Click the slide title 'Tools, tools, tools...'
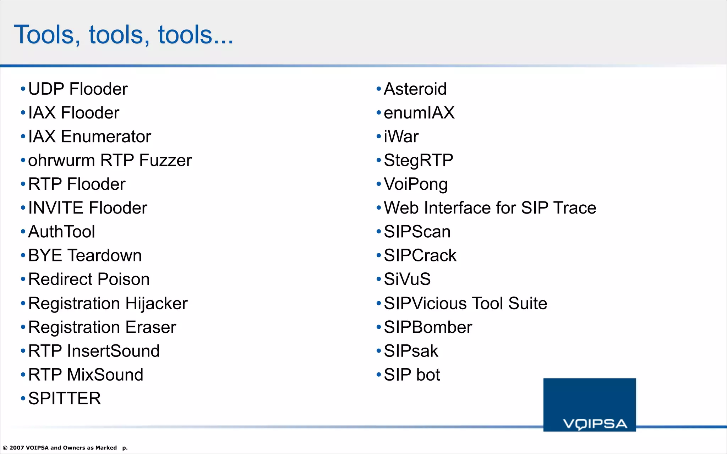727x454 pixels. pos(124,35)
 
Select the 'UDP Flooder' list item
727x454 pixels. pos(78,89)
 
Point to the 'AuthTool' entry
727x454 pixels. pos(61,232)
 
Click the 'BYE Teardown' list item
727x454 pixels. pos(85,255)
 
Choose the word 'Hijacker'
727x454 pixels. pos(156,304)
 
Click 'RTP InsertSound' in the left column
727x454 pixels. pos(94,351)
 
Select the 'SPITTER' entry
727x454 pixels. pos(64,398)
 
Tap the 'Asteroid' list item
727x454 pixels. pos(415,89)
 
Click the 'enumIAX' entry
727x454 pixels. pos(419,113)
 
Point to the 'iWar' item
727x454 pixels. pos(401,137)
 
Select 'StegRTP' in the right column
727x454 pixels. pos(418,160)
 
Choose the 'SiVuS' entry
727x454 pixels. pos(407,279)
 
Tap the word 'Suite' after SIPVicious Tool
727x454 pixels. pos(528,304)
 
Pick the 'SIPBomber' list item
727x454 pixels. pos(428,327)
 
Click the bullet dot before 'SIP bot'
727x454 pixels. pos(378,375)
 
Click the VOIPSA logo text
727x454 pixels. pos(595,424)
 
